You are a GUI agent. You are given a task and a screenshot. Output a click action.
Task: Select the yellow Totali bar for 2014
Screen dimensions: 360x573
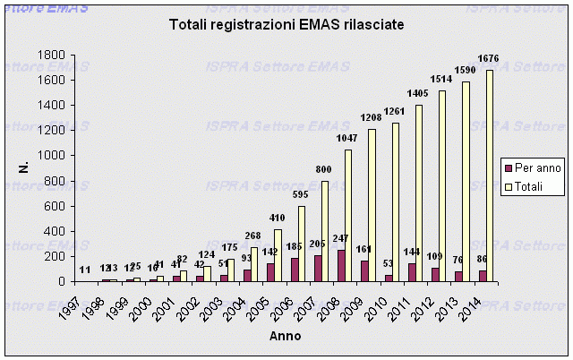point(490,176)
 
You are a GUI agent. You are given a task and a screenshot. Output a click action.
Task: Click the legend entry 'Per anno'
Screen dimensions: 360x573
point(534,168)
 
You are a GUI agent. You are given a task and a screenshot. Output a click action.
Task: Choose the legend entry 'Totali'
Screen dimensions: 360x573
point(532,187)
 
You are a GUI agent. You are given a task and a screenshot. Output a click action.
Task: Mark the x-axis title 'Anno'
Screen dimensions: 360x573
point(286,337)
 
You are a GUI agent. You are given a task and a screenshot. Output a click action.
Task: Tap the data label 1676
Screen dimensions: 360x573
point(488,59)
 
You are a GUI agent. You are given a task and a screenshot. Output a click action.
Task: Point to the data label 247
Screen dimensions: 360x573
point(341,240)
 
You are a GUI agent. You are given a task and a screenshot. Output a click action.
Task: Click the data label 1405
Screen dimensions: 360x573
point(418,93)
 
